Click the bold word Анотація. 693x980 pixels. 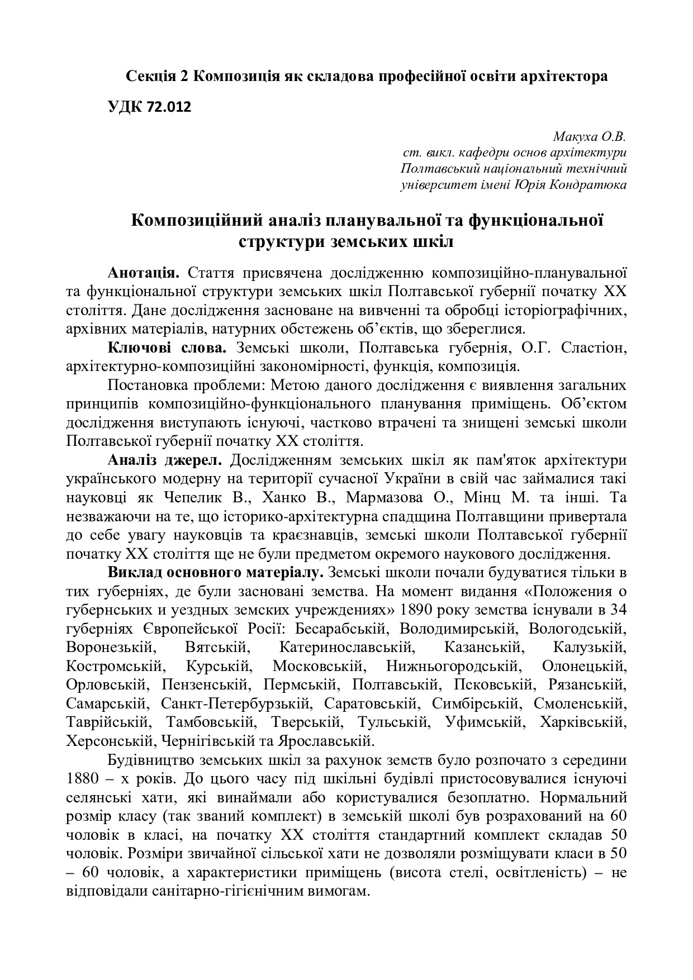(144, 273)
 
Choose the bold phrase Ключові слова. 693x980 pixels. (167, 348)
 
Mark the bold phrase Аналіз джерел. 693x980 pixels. (164, 460)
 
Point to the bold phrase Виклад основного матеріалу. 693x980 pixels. (216, 573)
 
